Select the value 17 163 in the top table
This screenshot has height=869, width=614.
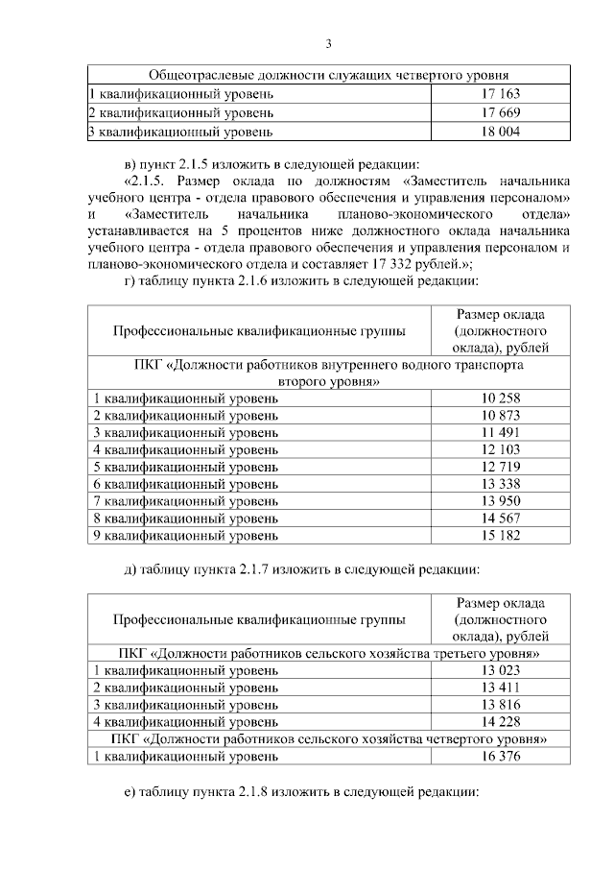(x=500, y=94)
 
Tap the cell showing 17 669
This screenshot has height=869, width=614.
(x=500, y=113)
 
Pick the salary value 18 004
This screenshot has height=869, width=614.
(x=500, y=132)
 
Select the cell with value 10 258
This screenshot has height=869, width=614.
(x=500, y=398)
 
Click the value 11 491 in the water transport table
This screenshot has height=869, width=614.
(x=500, y=432)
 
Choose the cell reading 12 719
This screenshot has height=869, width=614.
(x=500, y=467)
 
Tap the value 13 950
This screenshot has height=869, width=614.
(x=500, y=500)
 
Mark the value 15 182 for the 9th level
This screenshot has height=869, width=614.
(x=500, y=535)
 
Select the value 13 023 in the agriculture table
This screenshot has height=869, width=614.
(x=500, y=670)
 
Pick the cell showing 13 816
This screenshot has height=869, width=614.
(x=500, y=705)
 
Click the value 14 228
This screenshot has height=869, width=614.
(x=500, y=721)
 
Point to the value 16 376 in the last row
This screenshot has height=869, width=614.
(x=500, y=756)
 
